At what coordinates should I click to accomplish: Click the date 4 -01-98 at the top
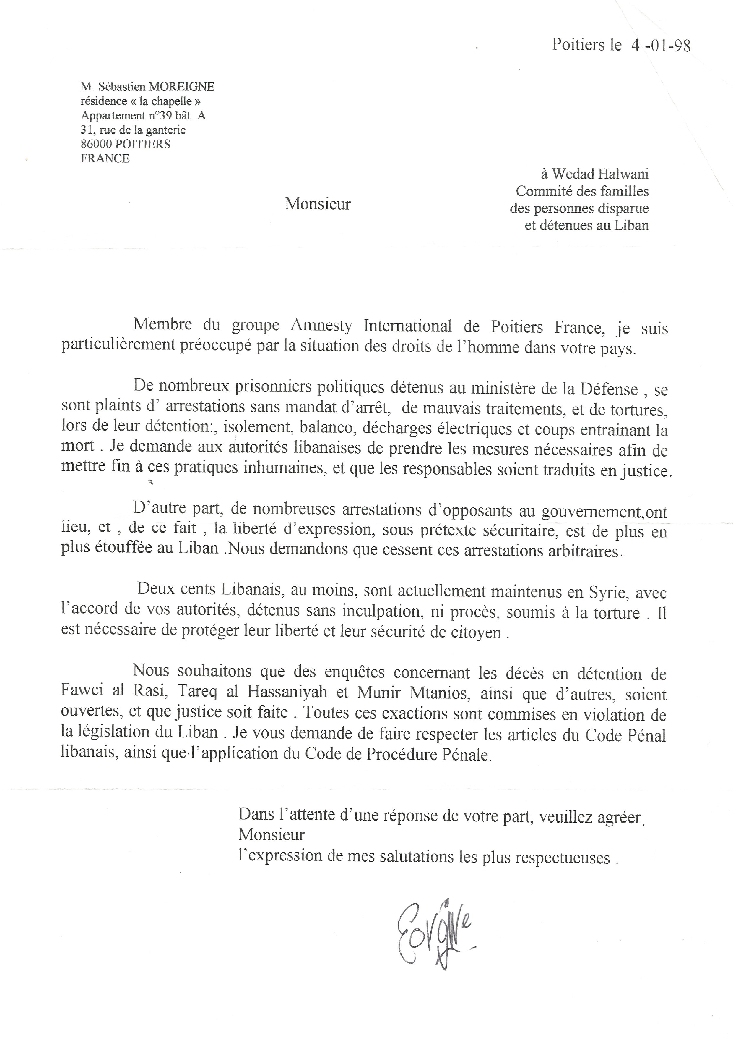tap(660, 46)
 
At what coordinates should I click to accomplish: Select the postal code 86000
tap(97, 144)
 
